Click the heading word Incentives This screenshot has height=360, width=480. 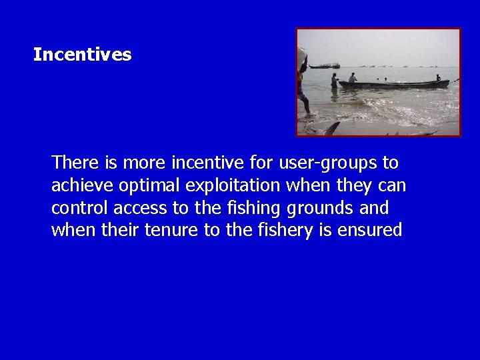click(82, 55)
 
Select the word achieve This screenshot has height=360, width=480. click(79, 185)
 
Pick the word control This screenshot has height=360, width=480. click(80, 208)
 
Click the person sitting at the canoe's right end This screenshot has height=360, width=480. click(438, 78)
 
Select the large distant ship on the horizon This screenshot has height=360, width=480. click(325, 66)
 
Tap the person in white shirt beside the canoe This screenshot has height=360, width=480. click(353, 77)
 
